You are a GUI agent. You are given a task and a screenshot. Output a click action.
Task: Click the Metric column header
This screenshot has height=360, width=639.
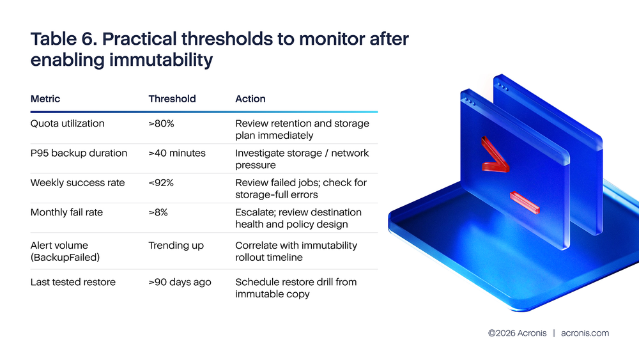(45, 98)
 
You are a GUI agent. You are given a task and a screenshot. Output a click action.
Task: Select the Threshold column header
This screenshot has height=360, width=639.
(172, 98)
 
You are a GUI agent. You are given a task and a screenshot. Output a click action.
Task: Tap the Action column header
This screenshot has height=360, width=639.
(250, 98)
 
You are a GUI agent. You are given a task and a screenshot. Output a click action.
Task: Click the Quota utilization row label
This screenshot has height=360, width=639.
(67, 123)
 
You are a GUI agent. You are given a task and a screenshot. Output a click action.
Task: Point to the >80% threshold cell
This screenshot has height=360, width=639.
(161, 123)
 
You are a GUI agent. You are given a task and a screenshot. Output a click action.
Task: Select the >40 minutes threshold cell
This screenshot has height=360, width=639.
(177, 153)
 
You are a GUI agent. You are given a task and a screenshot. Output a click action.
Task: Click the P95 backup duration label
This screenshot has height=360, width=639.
(79, 153)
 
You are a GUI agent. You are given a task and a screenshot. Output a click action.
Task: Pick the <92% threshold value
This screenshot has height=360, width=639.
(161, 183)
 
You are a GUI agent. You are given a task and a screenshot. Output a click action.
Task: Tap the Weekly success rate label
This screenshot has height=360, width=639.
(77, 183)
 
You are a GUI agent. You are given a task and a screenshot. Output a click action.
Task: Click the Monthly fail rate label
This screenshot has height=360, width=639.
(66, 212)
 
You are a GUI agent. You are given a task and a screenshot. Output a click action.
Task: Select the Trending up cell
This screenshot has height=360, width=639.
(176, 246)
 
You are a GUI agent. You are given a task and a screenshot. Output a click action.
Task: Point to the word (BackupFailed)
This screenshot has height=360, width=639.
(65, 258)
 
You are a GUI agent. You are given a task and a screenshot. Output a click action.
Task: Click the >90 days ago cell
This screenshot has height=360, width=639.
(180, 282)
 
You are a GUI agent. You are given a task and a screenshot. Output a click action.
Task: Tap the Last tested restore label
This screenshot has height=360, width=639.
(73, 282)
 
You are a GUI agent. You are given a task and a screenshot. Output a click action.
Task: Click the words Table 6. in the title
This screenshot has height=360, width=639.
(63, 39)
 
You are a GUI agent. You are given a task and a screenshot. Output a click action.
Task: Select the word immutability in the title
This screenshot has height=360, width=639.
(161, 60)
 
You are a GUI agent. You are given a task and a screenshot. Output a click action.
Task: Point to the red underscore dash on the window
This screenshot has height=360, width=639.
(525, 203)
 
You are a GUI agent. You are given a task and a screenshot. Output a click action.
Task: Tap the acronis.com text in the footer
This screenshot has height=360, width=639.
(585, 333)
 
